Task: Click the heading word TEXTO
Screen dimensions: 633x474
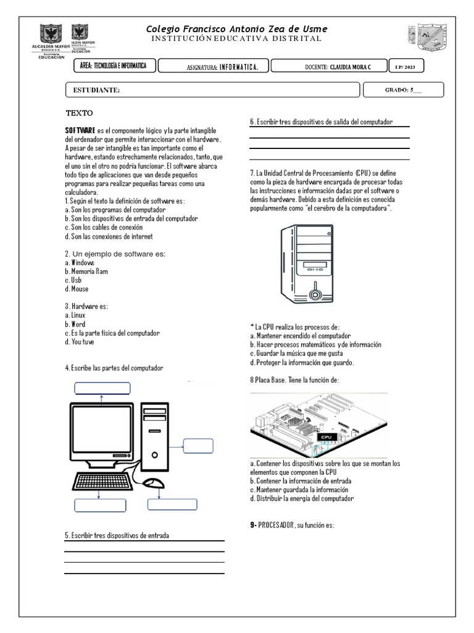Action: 79,113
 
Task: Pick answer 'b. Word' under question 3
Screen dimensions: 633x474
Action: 75,324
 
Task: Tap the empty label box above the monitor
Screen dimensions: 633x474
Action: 102,388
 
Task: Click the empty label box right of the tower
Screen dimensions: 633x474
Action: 198,446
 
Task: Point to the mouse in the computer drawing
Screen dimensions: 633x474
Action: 153,483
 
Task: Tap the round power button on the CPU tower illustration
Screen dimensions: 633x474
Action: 316,289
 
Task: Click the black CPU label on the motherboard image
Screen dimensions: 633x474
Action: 326,437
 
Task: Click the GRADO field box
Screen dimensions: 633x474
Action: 404,90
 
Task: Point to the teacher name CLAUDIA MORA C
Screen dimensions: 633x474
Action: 351,66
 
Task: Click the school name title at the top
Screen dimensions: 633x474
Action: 237,29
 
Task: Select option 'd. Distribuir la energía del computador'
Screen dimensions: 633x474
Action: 302,498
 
